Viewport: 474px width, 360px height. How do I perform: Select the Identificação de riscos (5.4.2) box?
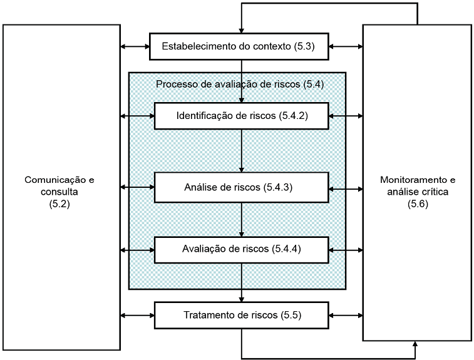point(242,116)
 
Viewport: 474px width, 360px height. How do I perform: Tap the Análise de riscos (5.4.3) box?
point(242,187)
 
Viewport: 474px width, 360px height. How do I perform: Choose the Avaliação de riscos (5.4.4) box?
point(242,249)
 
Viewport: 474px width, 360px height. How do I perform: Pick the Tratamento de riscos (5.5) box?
point(242,315)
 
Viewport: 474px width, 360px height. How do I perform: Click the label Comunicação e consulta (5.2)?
point(61,186)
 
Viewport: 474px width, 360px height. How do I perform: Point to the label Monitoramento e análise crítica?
point(418,186)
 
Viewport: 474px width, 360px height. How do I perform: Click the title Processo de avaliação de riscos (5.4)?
point(240,83)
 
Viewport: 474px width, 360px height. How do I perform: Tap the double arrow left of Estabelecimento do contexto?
point(135,46)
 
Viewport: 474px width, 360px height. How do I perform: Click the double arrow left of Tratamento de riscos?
point(137,315)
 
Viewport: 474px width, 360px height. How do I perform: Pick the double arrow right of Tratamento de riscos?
point(346,315)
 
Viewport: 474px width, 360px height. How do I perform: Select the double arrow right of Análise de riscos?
point(346,188)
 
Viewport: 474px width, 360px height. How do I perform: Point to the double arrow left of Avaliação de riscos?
point(137,250)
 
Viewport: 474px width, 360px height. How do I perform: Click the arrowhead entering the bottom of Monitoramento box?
point(415,345)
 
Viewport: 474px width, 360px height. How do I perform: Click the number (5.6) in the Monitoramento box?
point(418,204)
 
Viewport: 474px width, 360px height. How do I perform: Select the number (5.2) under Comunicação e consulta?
point(61,204)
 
